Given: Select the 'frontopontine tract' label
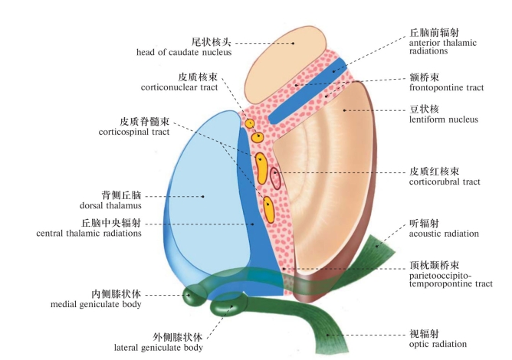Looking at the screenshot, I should pyautogui.click(x=446, y=88).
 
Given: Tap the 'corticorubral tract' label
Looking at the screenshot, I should pyautogui.click(x=445, y=182).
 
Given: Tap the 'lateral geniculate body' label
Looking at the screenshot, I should pyautogui.click(x=167, y=347).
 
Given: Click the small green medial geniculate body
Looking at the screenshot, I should pyautogui.click(x=189, y=293).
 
